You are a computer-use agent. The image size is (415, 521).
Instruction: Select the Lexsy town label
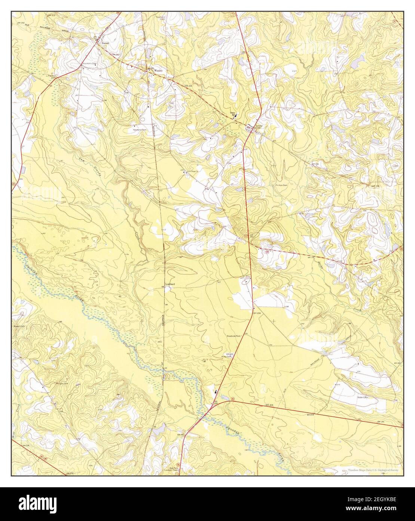click(259, 126)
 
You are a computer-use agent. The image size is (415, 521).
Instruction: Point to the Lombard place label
click(170, 284)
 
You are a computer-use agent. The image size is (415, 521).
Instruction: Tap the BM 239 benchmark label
click(256, 313)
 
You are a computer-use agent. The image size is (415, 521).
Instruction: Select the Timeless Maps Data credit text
click(373, 470)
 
